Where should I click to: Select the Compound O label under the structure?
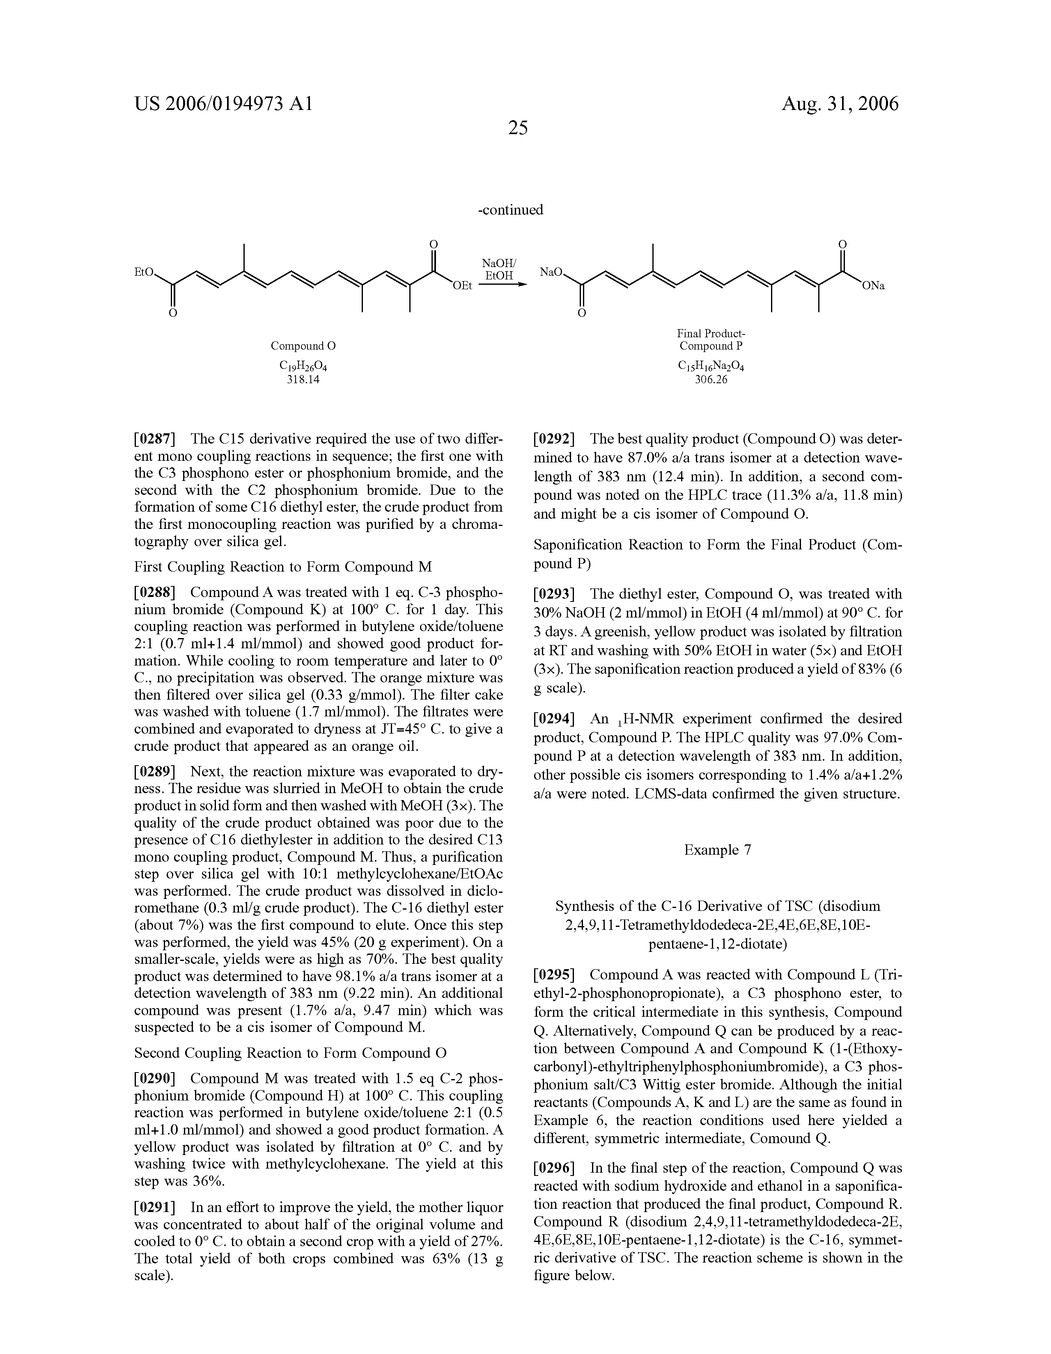coord(303,345)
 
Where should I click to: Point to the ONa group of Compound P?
coord(872,286)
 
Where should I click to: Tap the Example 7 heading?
coord(717,850)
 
